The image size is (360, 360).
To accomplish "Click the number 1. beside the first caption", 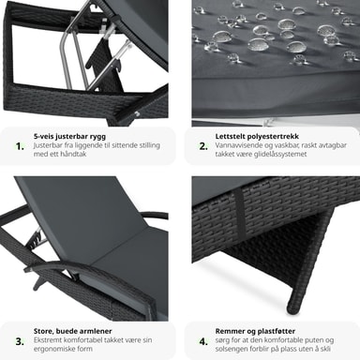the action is point(20,146).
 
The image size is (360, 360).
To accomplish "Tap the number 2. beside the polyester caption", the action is point(203,146).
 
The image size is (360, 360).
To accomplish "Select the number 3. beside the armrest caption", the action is point(20,341).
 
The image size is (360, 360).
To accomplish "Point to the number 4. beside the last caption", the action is point(203,341).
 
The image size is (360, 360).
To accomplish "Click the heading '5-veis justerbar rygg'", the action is point(69,137).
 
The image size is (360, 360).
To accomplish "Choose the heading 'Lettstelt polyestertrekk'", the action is point(257,137).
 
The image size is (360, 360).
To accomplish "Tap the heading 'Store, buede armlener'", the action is point(73,331).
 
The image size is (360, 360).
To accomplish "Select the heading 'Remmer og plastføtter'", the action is point(255,331).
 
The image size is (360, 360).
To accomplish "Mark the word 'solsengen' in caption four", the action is point(231,349).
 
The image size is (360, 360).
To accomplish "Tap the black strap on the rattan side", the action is point(241,213).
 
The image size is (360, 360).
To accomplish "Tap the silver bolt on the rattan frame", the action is point(137,113).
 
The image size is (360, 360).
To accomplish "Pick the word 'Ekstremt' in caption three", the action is point(48,340).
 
